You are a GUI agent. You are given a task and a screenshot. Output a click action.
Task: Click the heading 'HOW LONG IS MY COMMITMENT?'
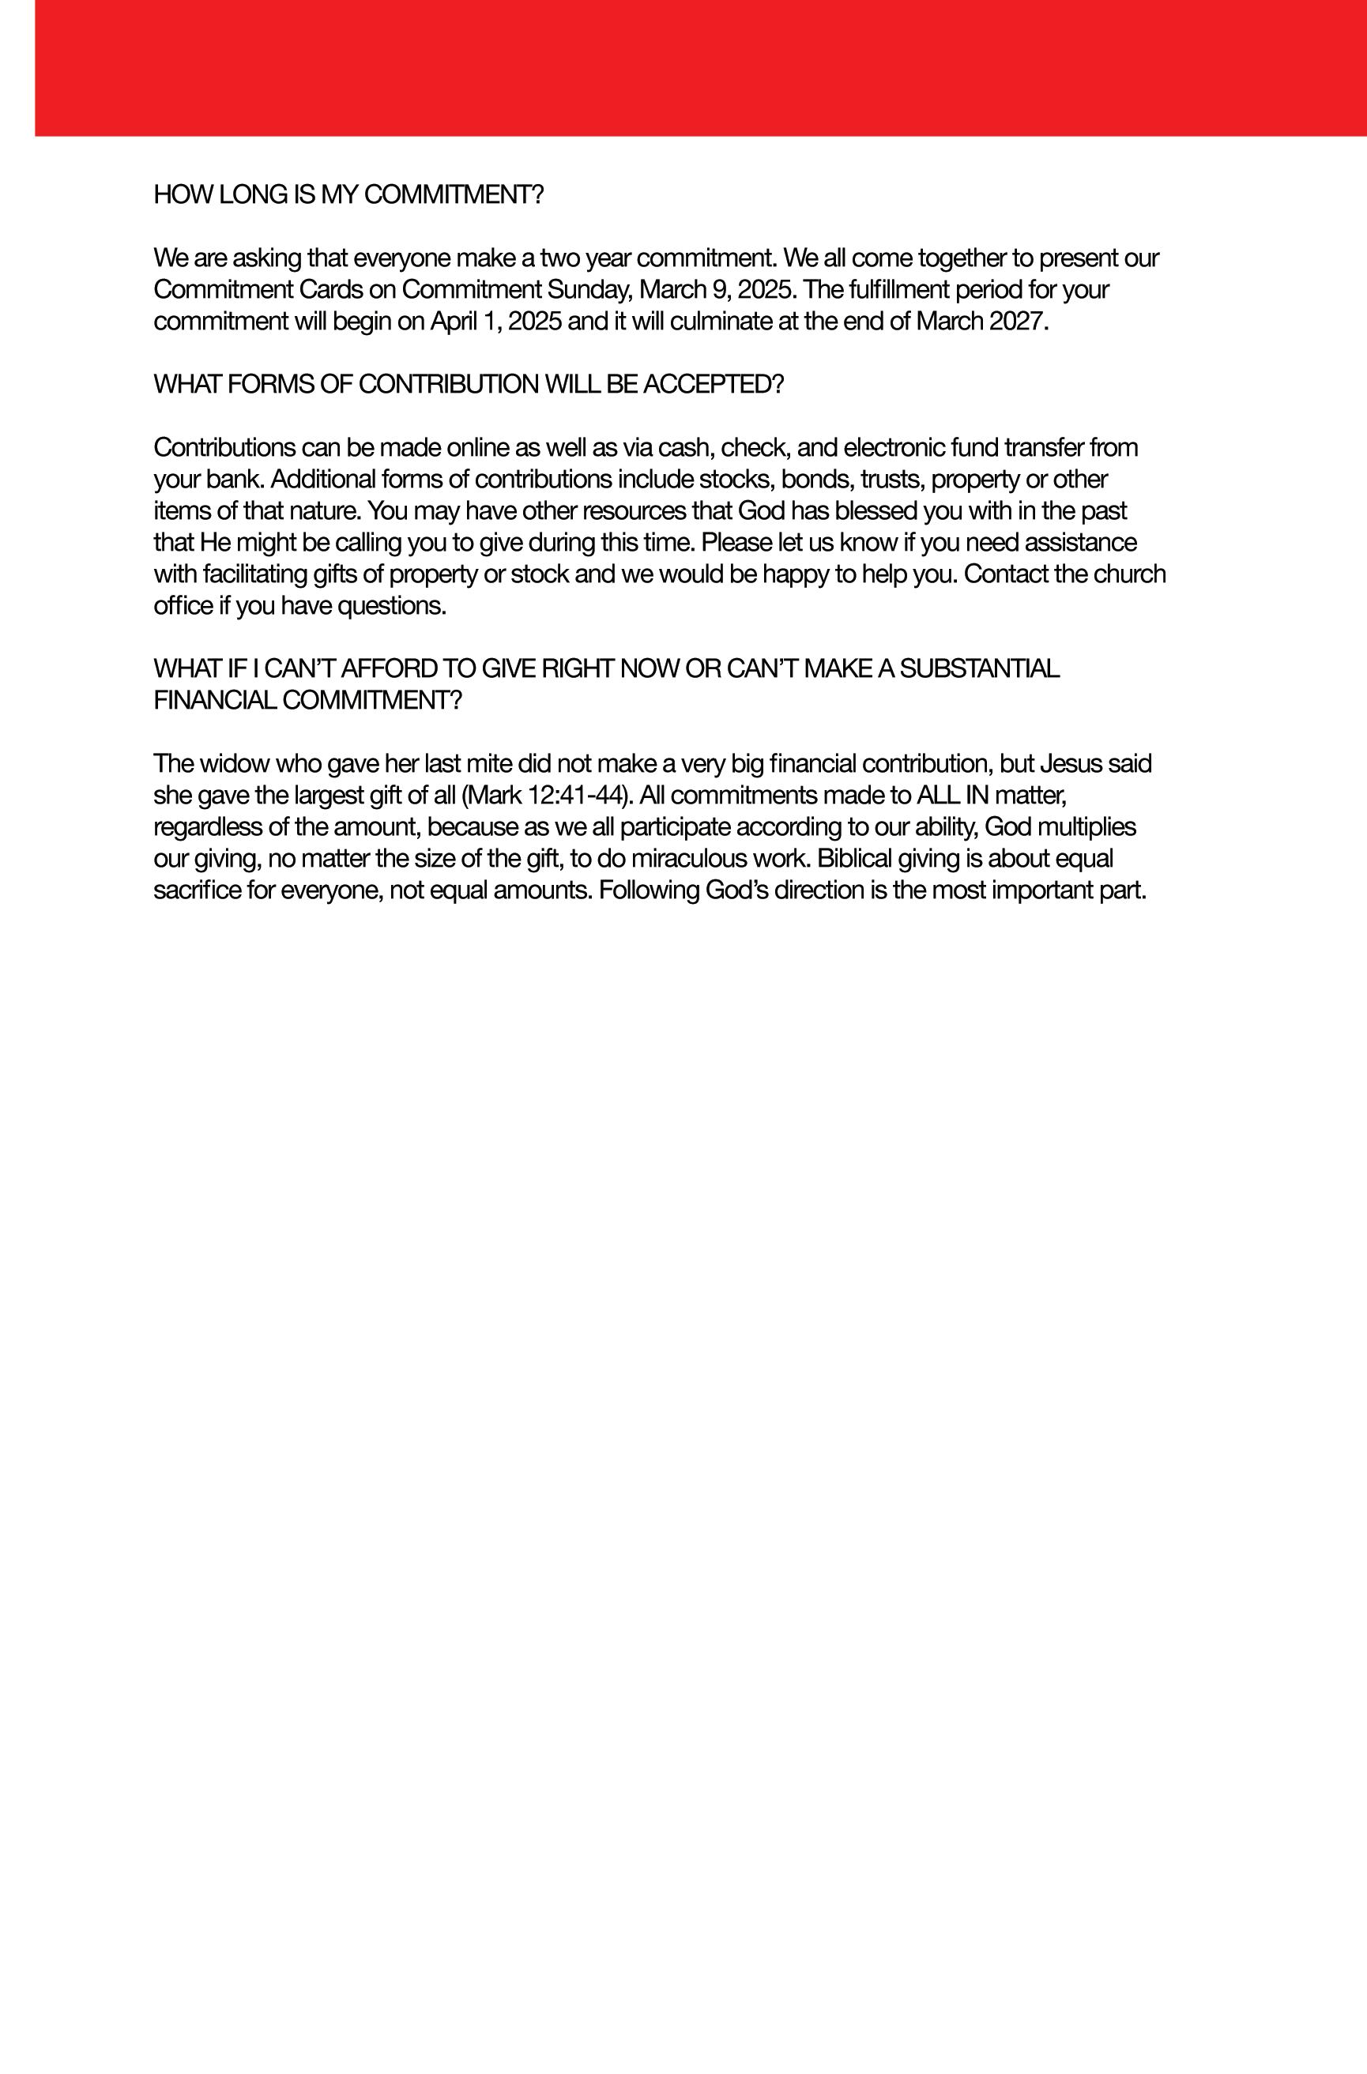point(348,194)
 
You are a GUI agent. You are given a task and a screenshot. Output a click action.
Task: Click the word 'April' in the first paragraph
point(453,321)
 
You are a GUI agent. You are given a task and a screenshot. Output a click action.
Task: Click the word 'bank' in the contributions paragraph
point(230,479)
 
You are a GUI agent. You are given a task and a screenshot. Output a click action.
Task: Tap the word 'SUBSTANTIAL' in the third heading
point(979,668)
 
